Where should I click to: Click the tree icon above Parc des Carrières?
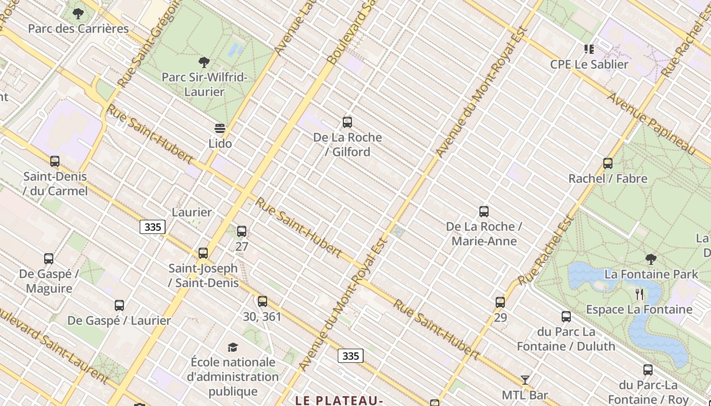pyautogui.click(x=78, y=14)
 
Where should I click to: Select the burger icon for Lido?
pyautogui.click(x=220, y=128)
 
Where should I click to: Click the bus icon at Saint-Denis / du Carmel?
pyautogui.click(x=55, y=161)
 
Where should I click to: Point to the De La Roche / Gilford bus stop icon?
pyautogui.click(x=347, y=122)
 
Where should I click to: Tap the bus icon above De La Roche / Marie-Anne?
pyautogui.click(x=484, y=212)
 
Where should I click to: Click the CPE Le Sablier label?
pyautogui.click(x=589, y=64)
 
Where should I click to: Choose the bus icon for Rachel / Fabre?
pyautogui.click(x=608, y=163)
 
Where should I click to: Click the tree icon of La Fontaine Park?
pyautogui.click(x=651, y=259)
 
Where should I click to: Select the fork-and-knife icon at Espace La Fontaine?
pyautogui.click(x=639, y=294)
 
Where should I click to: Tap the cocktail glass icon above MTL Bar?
pyautogui.click(x=525, y=380)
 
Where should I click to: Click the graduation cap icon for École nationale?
pyautogui.click(x=233, y=347)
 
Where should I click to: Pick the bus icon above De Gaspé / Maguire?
pyautogui.click(x=49, y=259)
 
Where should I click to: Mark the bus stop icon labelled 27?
pyautogui.click(x=242, y=232)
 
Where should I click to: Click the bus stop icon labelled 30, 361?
pyautogui.click(x=262, y=301)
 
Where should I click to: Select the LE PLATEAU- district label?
pyautogui.click(x=339, y=400)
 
